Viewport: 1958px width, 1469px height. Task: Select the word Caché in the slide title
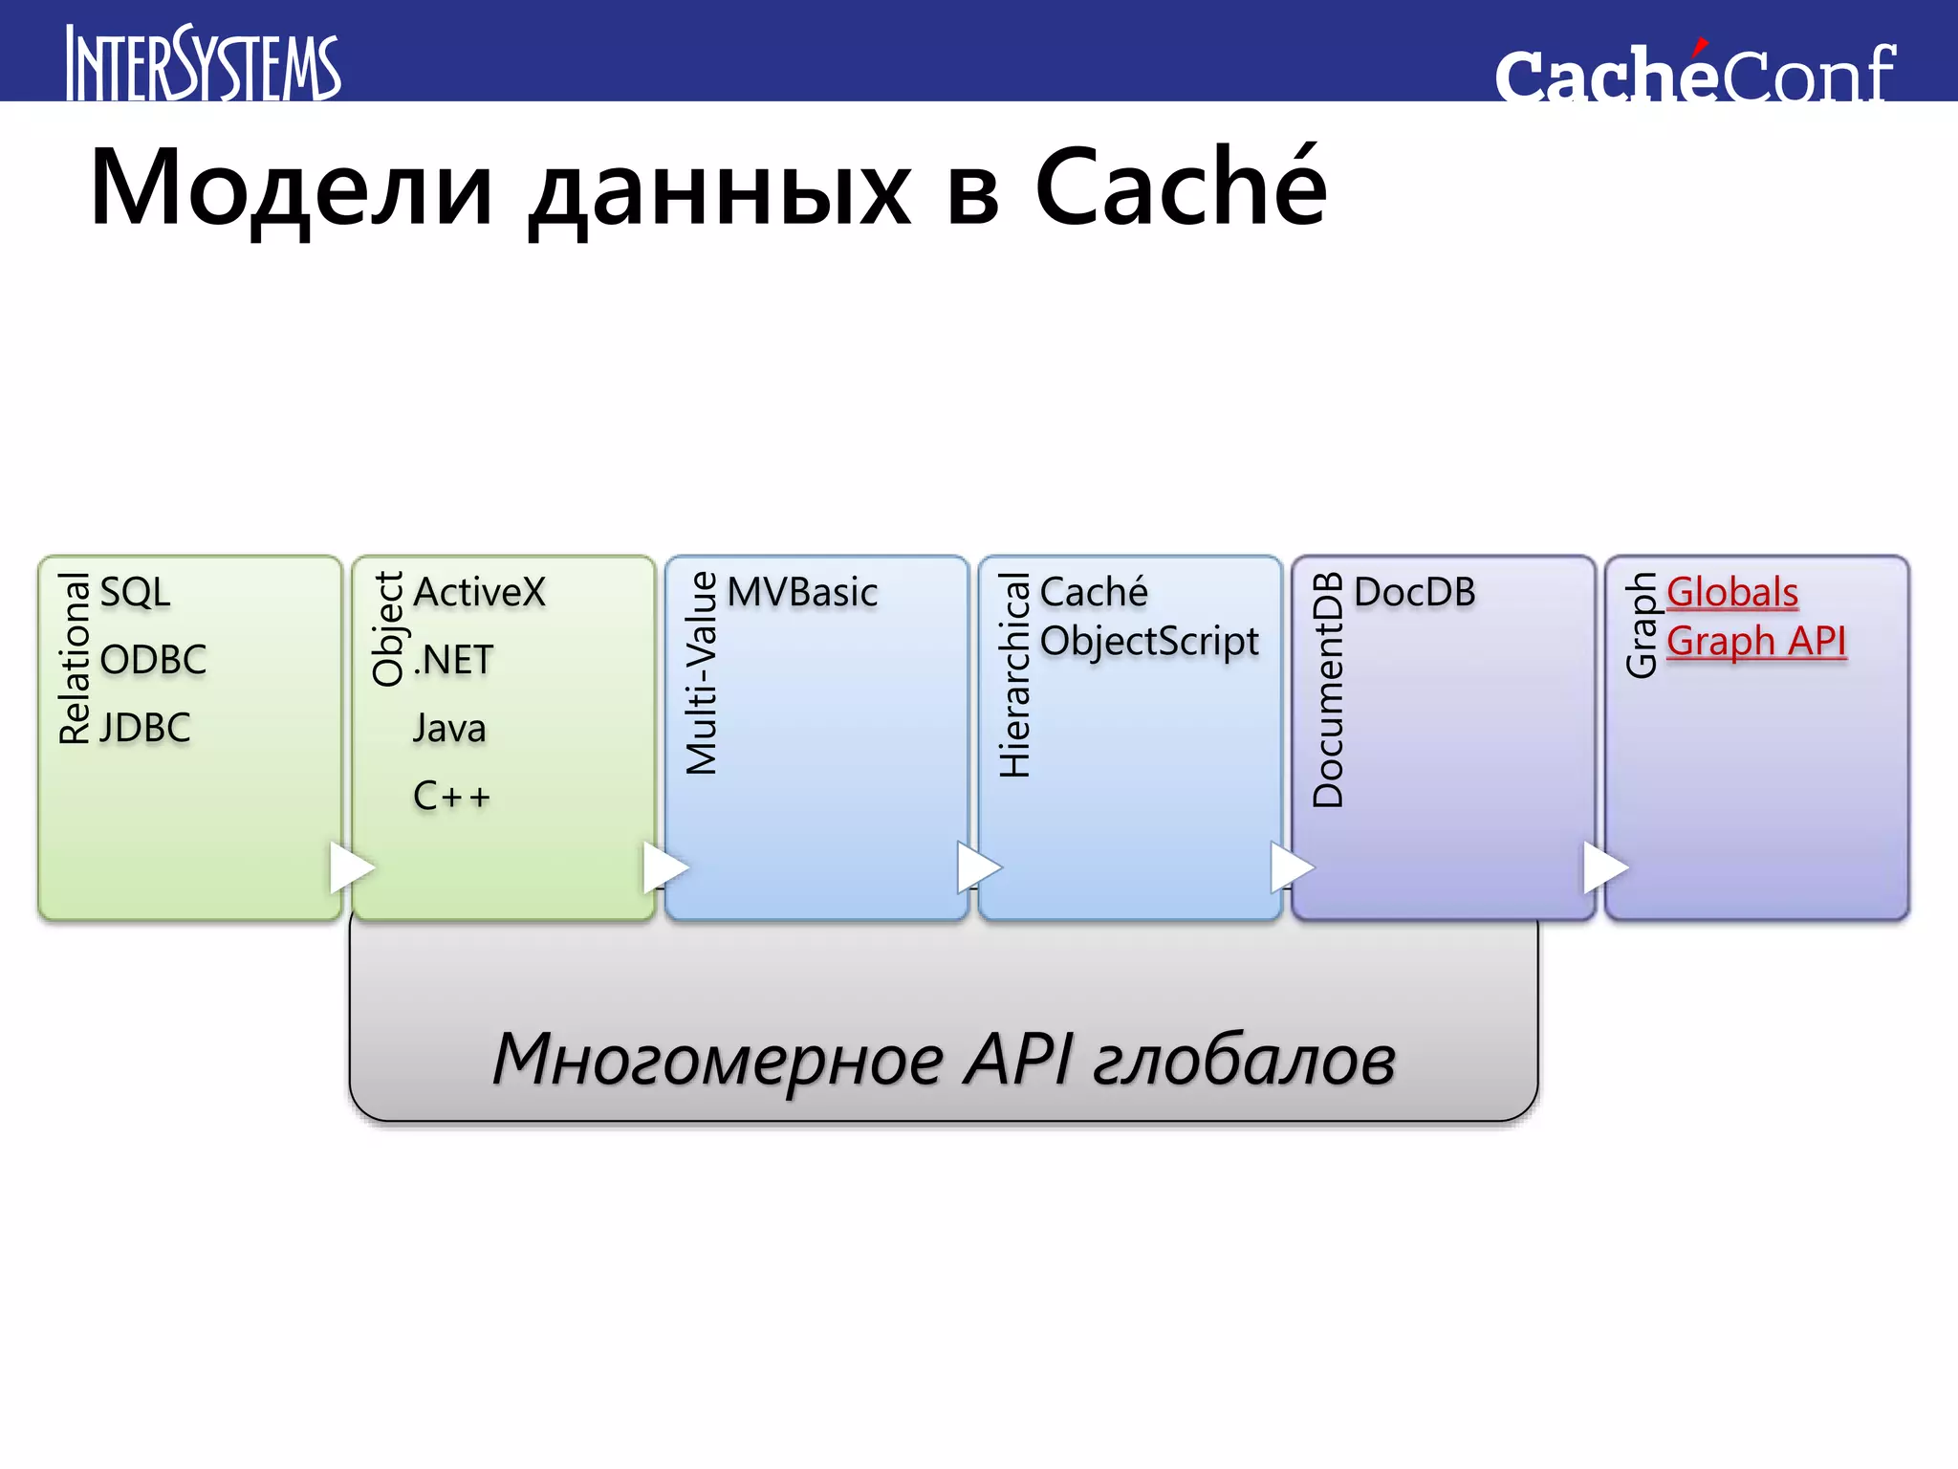coord(1181,188)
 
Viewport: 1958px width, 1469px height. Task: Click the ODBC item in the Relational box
coord(153,660)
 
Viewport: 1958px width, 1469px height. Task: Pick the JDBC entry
coord(145,728)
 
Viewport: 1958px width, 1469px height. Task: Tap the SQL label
coord(135,592)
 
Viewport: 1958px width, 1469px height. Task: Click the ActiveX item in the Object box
coord(479,592)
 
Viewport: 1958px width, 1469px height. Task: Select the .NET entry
coord(454,660)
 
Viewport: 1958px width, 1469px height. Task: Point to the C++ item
coord(451,796)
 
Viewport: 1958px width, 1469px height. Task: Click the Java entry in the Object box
coord(449,728)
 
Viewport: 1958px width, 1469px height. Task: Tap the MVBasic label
coord(802,592)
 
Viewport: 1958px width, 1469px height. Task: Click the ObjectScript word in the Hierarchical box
coord(1149,642)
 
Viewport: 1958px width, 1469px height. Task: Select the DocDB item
coord(1414,592)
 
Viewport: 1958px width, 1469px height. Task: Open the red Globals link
coord(1731,592)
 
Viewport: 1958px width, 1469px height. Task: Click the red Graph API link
coord(1755,641)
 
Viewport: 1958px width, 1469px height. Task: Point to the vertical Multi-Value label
coord(703,672)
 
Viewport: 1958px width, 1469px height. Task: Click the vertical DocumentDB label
coord(1329,690)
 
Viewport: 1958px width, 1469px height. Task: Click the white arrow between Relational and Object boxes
coord(350,867)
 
